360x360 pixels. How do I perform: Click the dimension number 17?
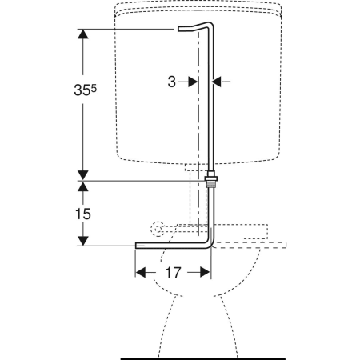pyautogui.click(x=174, y=273)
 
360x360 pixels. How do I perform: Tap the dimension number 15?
pyautogui.click(x=83, y=214)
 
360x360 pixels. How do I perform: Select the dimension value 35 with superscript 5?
pyautogui.click(x=85, y=90)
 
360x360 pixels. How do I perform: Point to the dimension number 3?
pyautogui.click(x=172, y=82)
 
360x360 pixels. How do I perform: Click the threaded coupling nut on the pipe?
pyautogui.click(x=211, y=181)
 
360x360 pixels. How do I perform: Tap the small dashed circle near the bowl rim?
pyautogui.click(x=158, y=229)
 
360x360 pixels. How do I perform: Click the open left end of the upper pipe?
pyautogui.click(x=178, y=29)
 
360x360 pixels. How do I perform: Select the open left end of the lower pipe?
pyautogui.click(x=137, y=246)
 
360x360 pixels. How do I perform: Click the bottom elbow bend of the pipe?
pyautogui.click(x=209, y=245)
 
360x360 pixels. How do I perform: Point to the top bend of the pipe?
pyautogui.click(x=210, y=25)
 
